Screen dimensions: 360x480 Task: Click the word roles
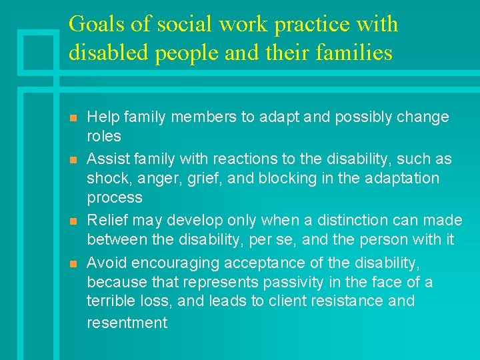104,137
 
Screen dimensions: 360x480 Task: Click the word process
115,198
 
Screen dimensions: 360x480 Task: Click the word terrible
111,301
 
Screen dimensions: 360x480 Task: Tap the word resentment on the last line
127,323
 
